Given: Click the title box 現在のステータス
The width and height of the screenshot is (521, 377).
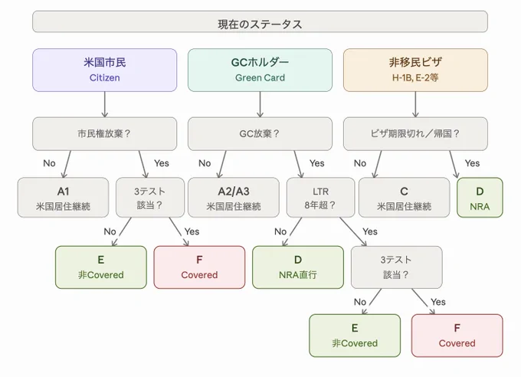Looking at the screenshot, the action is point(260,21).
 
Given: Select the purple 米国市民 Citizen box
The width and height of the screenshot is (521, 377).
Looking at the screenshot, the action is point(105,70).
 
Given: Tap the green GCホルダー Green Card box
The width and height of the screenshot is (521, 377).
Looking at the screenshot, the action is point(260,70).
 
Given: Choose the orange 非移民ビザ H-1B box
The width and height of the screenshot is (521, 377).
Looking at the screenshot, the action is point(415,70).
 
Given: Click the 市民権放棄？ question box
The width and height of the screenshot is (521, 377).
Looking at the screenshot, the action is point(105,133).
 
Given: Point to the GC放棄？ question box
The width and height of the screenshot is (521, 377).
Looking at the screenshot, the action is point(260,133).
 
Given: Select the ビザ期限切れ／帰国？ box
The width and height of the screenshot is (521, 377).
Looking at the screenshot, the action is point(415,133).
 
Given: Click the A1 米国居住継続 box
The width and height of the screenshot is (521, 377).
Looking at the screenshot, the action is point(63,198).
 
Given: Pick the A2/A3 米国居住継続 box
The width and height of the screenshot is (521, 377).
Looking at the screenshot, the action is point(234,198).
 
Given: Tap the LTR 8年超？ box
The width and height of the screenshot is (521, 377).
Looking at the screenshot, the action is point(320,198).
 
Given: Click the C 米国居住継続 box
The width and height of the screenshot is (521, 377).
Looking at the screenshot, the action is point(404,198).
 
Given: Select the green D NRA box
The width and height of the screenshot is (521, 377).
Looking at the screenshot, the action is point(480,198).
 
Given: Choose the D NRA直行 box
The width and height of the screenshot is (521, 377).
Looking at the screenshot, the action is point(298,267).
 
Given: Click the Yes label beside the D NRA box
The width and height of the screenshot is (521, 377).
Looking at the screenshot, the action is point(472,163).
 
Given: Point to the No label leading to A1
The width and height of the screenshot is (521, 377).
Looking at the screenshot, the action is point(49,163).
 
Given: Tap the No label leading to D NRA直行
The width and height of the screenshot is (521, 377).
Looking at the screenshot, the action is point(280,231).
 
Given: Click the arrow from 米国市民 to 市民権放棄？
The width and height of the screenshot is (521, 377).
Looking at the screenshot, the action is point(105,104).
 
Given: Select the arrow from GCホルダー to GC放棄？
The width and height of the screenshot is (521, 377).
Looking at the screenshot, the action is point(260,104).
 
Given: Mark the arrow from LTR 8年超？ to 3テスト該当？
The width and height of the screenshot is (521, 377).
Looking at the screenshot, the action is point(353,231).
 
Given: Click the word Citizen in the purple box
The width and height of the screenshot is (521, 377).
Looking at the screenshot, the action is point(105,78).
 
